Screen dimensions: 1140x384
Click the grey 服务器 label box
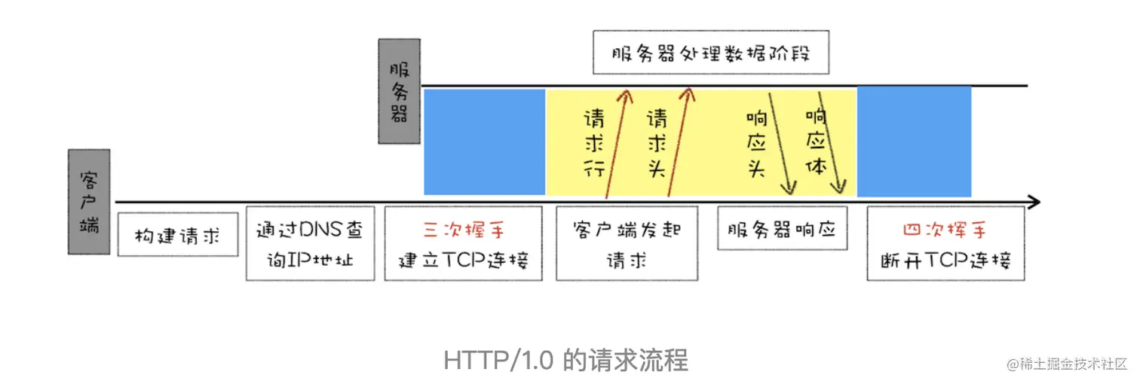click(x=399, y=91)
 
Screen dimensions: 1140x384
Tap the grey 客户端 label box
click(x=89, y=201)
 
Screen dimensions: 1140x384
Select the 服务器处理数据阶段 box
click(x=710, y=52)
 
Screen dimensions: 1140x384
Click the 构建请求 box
click(x=178, y=235)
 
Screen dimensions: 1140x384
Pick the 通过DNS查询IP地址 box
click(x=310, y=243)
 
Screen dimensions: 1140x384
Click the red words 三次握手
click(x=463, y=229)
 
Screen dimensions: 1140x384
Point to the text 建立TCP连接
click(x=463, y=260)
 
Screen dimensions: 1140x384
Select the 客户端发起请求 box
click(x=626, y=243)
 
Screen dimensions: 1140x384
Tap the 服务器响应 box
click(x=782, y=228)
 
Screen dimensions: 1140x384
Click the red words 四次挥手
click(x=945, y=229)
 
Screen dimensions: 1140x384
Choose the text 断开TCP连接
click(x=945, y=260)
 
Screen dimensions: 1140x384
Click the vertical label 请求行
click(x=594, y=143)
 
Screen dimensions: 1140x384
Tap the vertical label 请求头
click(x=656, y=143)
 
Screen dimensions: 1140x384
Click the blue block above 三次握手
click(x=484, y=142)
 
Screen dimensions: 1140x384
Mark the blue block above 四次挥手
click(x=914, y=142)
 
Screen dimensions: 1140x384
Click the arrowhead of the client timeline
click(x=1034, y=202)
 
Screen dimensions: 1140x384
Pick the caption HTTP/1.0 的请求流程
click(x=565, y=360)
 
